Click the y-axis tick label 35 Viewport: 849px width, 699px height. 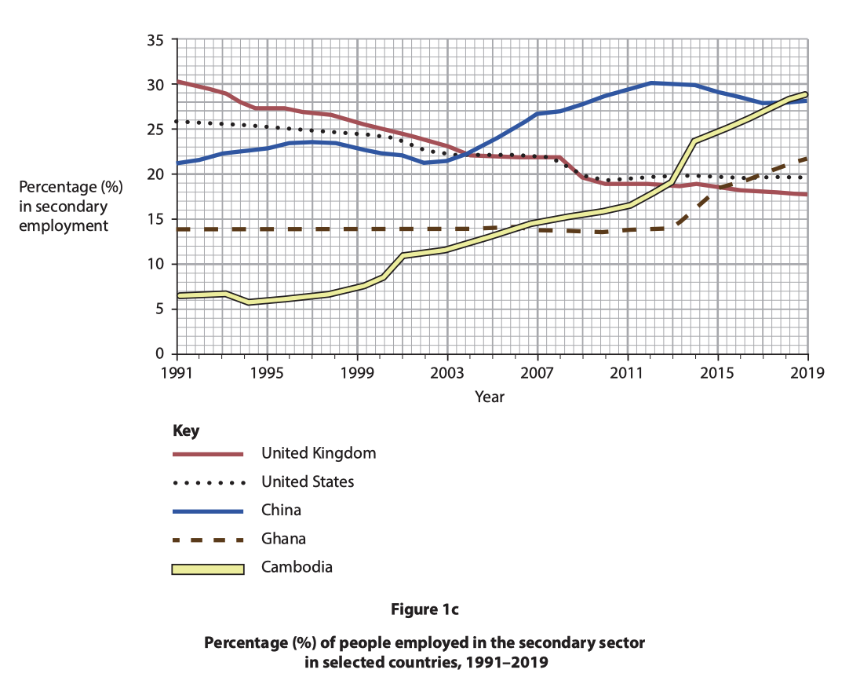pos(155,39)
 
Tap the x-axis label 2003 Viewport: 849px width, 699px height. pos(447,372)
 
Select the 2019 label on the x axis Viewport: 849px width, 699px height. pos(807,372)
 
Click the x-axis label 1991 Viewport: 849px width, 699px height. pos(178,372)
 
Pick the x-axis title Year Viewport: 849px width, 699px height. pos(490,397)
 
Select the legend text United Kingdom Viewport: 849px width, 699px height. pos(319,453)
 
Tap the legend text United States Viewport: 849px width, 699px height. pos(308,481)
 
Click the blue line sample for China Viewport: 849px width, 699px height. pos(208,511)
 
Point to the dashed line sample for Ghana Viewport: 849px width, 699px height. pos(208,539)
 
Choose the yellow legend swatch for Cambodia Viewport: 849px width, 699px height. pos(208,568)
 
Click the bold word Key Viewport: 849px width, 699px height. pos(185,431)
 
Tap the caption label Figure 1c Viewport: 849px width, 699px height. pos(424,609)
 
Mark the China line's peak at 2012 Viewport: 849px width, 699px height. pos(650,82)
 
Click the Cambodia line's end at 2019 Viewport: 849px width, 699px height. pos(806,94)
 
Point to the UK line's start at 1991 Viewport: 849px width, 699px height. pos(179,81)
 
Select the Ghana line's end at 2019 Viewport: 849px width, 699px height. pos(806,159)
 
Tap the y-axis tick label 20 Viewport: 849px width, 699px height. pos(155,174)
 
